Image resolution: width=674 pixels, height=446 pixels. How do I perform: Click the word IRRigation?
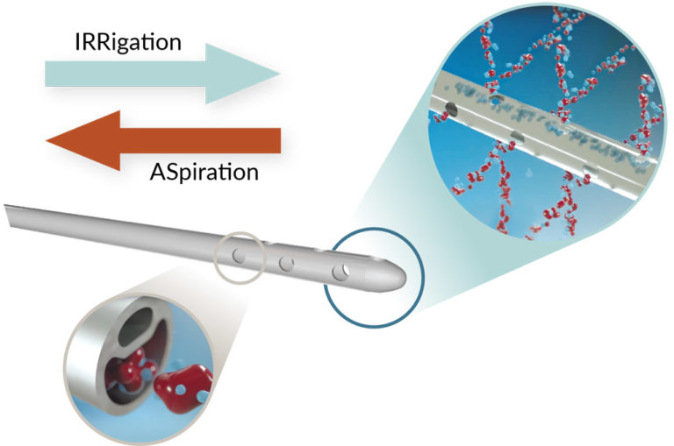pyautogui.click(x=127, y=41)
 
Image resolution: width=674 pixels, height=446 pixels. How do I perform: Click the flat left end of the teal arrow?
pyautogui.click(x=48, y=74)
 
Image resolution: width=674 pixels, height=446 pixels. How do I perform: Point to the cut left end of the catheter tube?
pyautogui.click(x=8, y=213)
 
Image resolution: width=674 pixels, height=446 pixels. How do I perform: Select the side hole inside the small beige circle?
pyautogui.click(x=239, y=256)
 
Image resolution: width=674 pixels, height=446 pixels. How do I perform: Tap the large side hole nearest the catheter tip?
pyautogui.click(x=341, y=273)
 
